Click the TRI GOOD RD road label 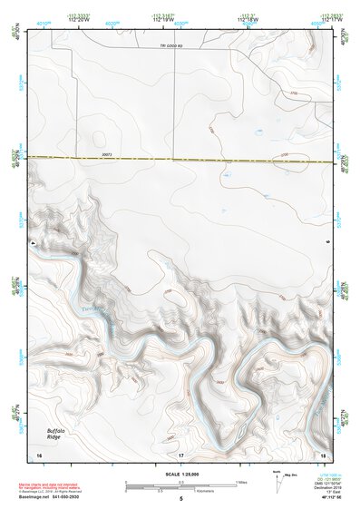point(171,45)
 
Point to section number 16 point(39,453)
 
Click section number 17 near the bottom point(180,453)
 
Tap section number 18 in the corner point(323,453)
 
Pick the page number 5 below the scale point(180,499)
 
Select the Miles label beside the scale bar point(239,482)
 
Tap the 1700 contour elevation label point(293,93)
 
